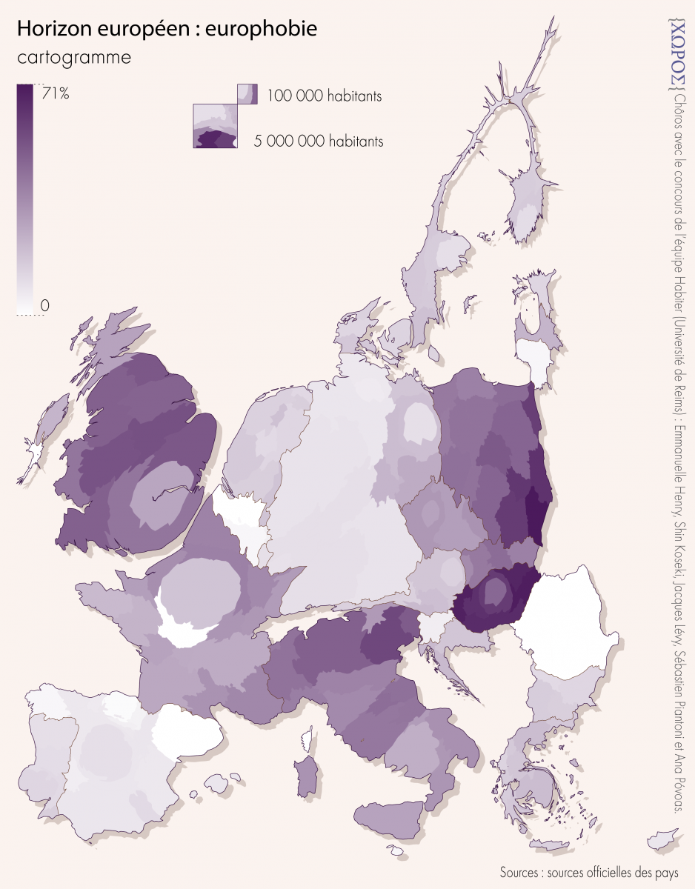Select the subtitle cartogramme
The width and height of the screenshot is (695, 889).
73,58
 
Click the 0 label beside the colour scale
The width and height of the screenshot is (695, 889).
45,305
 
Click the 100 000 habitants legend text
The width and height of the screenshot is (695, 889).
325,96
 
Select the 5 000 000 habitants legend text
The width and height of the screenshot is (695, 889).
319,141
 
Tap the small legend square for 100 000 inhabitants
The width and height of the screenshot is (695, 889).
247,93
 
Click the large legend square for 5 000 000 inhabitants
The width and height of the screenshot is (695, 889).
215,126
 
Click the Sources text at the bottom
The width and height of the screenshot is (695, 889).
588,871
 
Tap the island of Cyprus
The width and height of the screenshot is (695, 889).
665,840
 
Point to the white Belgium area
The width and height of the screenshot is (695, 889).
241,522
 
